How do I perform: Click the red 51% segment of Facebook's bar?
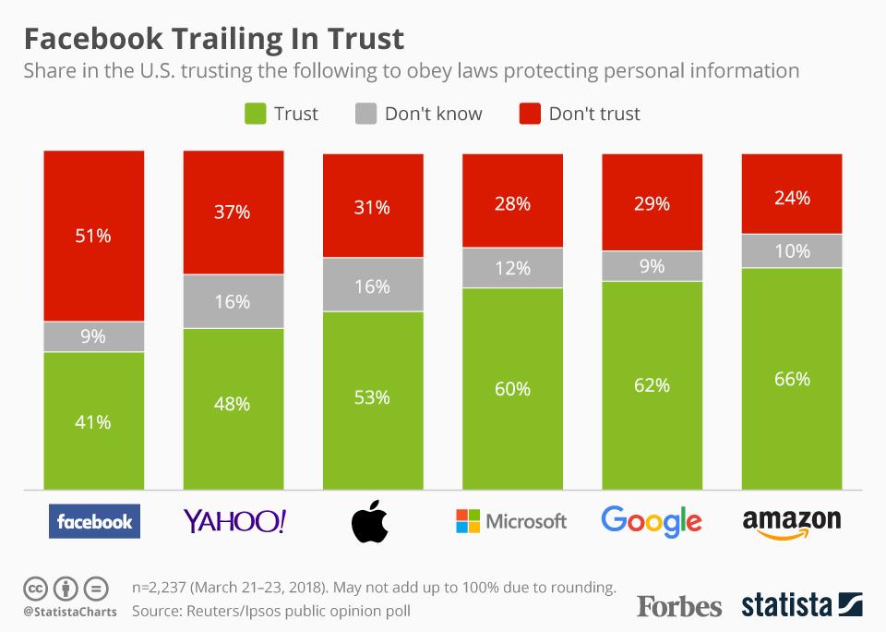tap(94, 236)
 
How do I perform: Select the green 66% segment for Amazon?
tap(792, 379)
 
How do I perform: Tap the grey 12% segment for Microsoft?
tap(512, 268)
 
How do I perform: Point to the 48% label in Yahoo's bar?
tap(233, 404)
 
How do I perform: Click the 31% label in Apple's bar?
tap(373, 208)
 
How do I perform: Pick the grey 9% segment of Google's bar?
tap(652, 266)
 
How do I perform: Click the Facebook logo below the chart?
tap(94, 521)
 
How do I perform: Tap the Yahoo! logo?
tap(234, 521)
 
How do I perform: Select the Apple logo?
tap(371, 520)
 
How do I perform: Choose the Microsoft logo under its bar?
tap(511, 521)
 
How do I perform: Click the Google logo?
tap(652, 520)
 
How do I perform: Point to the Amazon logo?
tap(792, 521)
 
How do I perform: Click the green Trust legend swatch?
tap(254, 114)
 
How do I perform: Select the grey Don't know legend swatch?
tap(365, 114)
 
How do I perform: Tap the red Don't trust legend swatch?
tap(529, 114)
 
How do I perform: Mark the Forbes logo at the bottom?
tap(679, 606)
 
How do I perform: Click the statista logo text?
tap(785, 606)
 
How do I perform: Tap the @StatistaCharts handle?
tap(64, 612)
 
